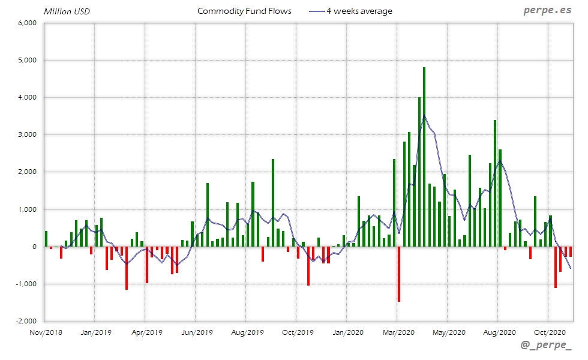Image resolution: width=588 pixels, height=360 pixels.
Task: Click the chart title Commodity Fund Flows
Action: pyautogui.click(x=244, y=11)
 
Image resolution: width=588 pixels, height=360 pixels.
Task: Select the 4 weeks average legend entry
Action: pyautogui.click(x=358, y=11)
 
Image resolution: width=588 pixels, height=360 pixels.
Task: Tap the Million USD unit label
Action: pyautogui.click(x=67, y=11)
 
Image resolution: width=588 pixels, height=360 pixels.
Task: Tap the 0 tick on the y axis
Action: pyautogui.click(x=34, y=247)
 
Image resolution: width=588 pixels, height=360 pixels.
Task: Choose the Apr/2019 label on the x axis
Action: pyautogui.click(x=146, y=332)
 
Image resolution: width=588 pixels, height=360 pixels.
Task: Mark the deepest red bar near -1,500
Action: pyautogui.click(x=399, y=274)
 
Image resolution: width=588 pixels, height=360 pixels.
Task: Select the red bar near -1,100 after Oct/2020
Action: pyautogui.click(x=556, y=267)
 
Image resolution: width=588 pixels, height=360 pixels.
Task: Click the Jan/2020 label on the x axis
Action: pyautogui.click(x=347, y=332)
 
